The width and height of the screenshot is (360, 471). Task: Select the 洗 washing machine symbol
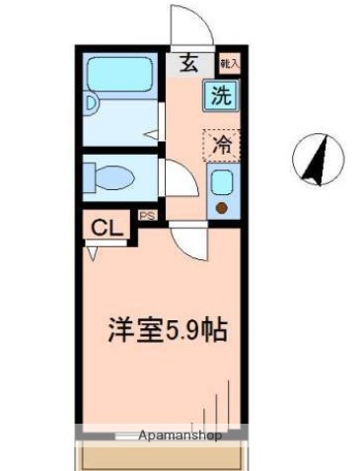(x=221, y=97)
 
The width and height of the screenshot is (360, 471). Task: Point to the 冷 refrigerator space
(x=222, y=144)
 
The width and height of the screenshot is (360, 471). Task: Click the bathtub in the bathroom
(x=118, y=74)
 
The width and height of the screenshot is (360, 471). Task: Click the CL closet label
(x=105, y=229)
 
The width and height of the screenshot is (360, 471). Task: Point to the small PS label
(x=145, y=215)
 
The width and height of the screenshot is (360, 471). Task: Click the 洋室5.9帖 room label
(x=168, y=329)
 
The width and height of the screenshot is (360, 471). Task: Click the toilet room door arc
(x=176, y=179)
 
